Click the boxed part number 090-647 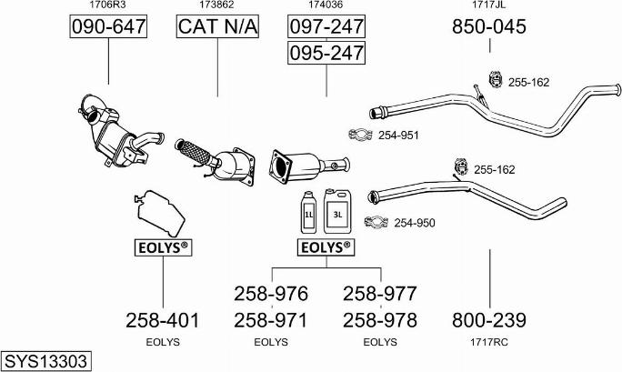tap(108, 27)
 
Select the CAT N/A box tap(217, 27)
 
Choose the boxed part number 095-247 tap(326, 54)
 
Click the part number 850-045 tap(489, 27)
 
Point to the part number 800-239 tap(489, 320)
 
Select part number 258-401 tap(162, 320)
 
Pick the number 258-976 tap(272, 294)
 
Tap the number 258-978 tap(380, 320)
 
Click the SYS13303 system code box tap(45, 361)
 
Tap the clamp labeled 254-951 tap(361, 136)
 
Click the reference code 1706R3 tap(108, 5)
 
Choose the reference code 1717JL tap(489, 5)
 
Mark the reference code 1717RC tap(489, 342)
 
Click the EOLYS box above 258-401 tap(162, 246)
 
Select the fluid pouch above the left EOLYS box tap(159, 213)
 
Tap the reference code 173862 tap(217, 5)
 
